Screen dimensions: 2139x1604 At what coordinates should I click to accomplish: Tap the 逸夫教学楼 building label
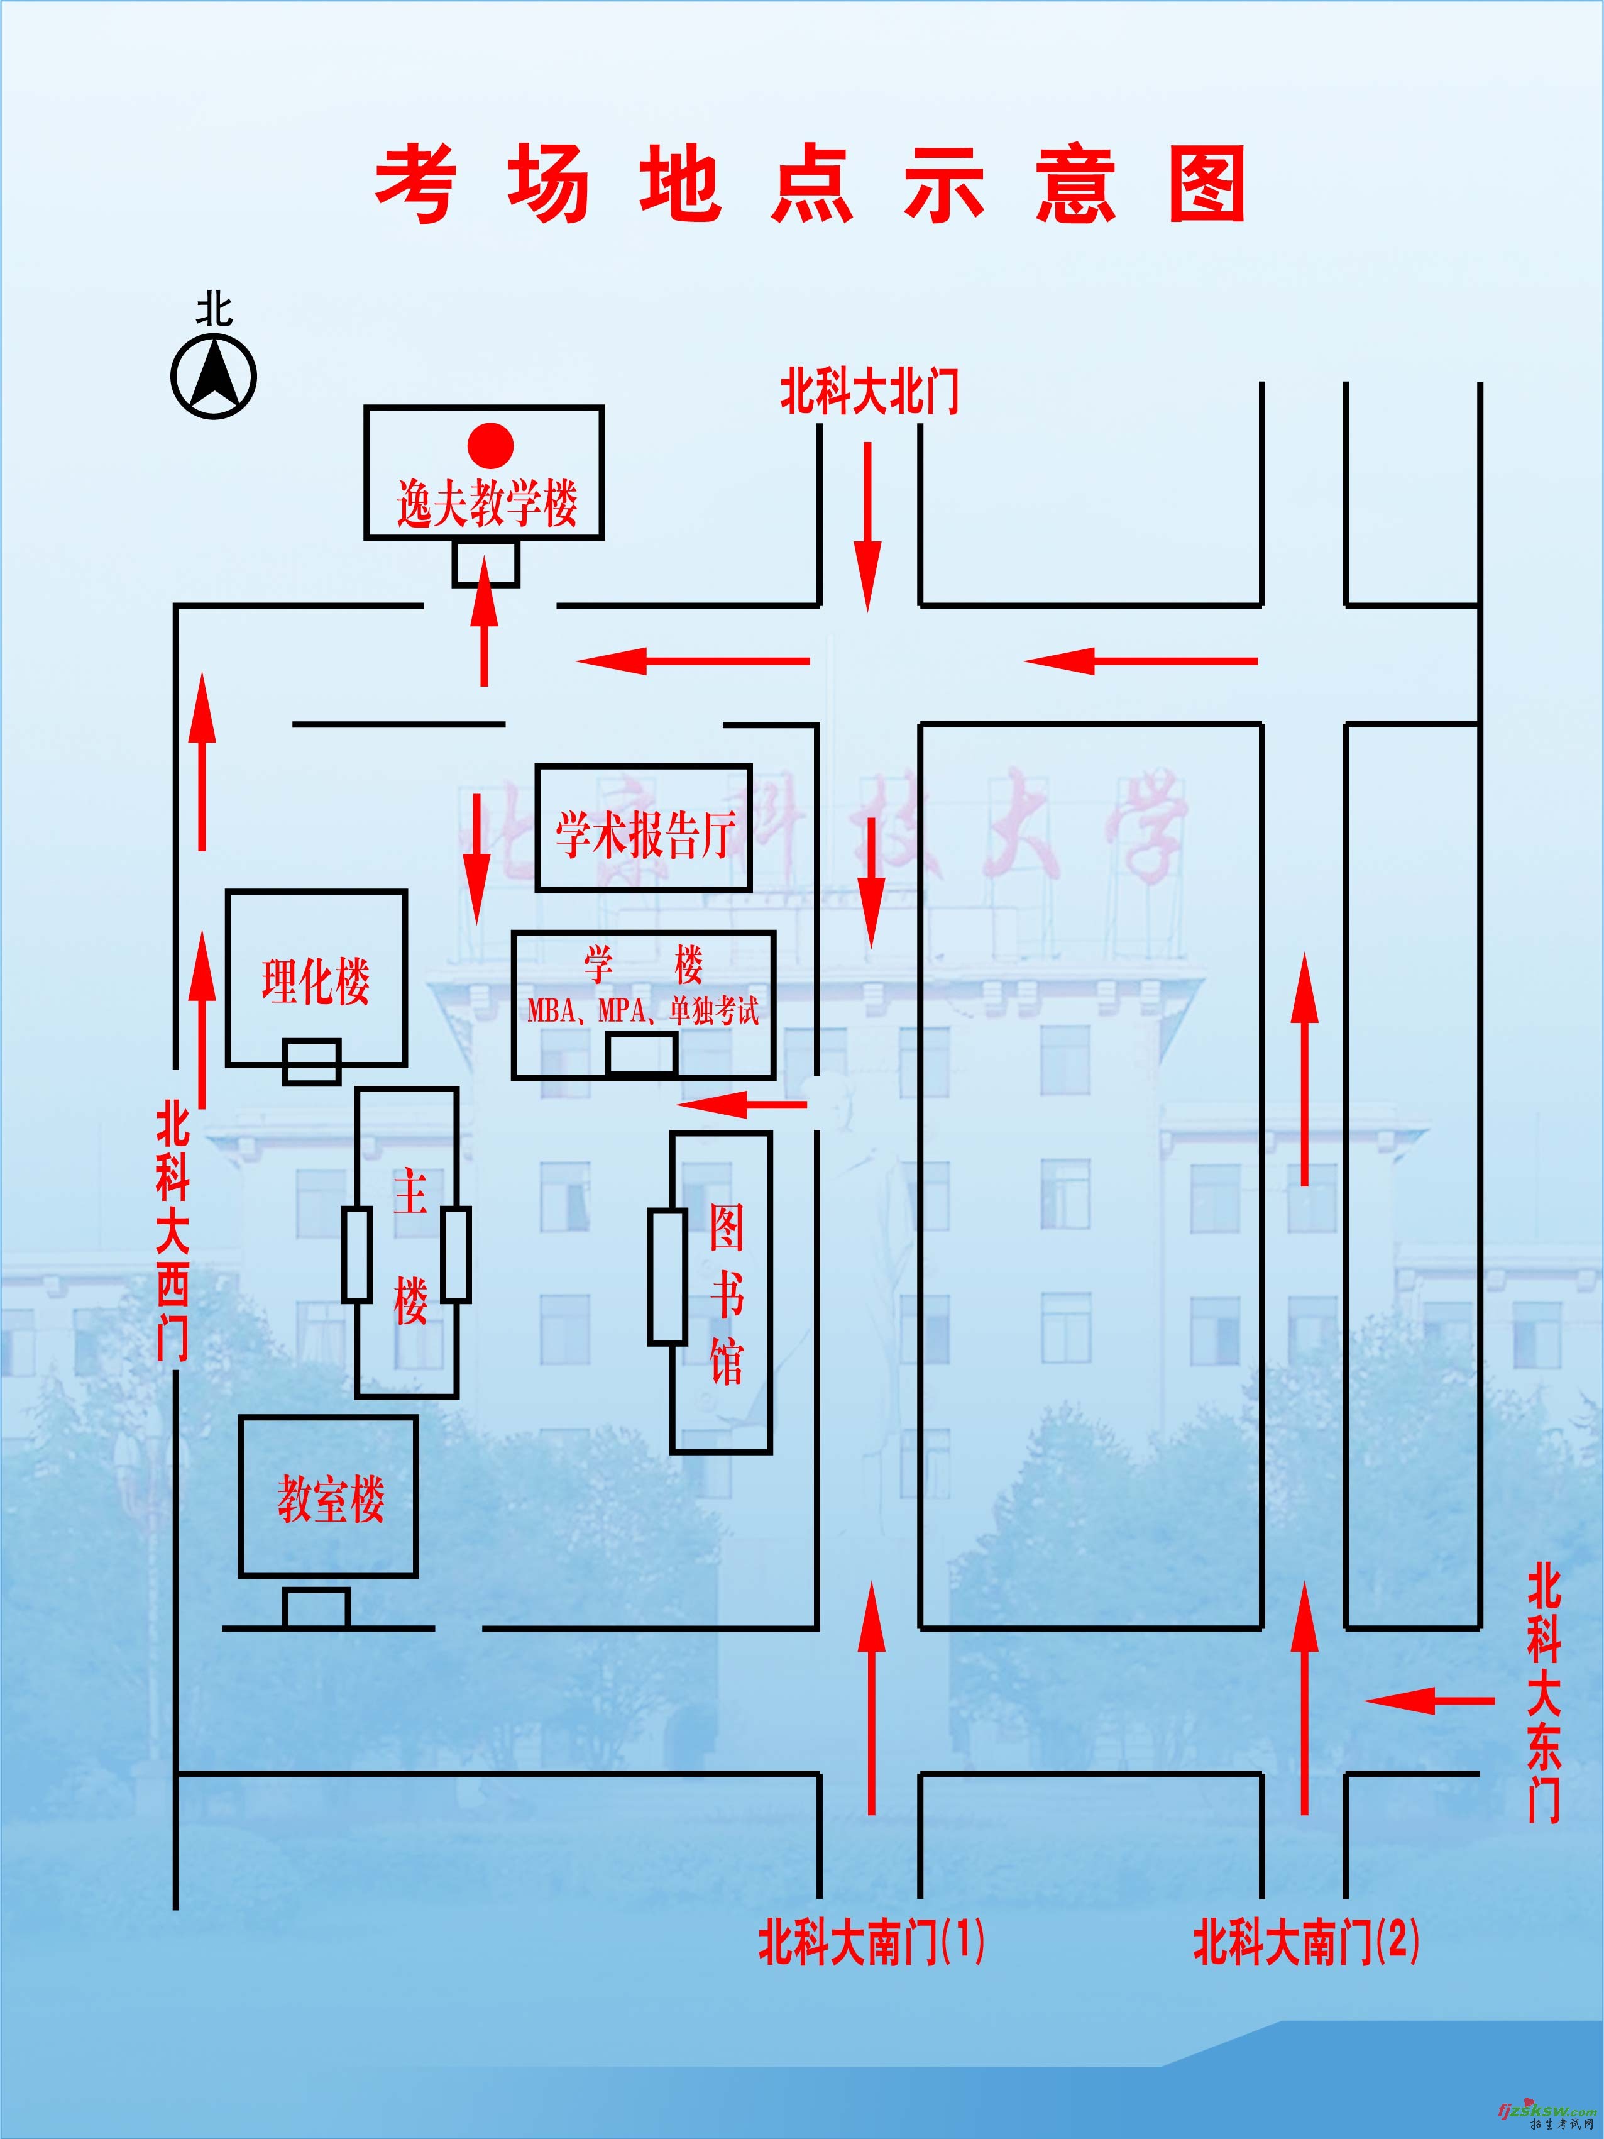tap(486, 504)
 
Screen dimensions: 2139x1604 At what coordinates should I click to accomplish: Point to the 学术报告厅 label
tap(644, 834)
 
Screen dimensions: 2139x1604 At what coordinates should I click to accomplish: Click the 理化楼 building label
tap(315, 981)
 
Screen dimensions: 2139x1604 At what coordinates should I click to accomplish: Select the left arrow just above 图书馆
tap(740, 1103)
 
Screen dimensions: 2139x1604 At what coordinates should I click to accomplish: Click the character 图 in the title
tap(1207, 183)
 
